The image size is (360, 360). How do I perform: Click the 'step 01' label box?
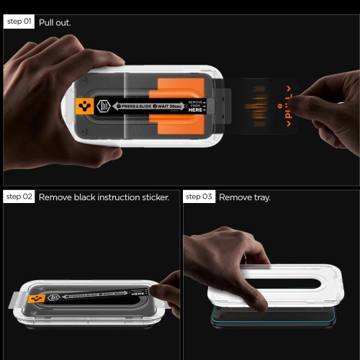[x=19, y=22]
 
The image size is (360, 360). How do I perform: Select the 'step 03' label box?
[x=199, y=197]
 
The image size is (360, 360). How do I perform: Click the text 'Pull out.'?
[x=55, y=22]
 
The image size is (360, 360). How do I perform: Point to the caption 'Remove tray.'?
[x=245, y=197]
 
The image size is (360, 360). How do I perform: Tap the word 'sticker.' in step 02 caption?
[x=153, y=197]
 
